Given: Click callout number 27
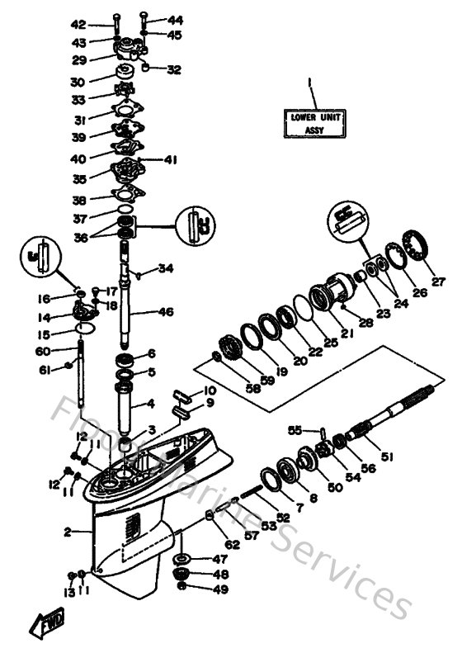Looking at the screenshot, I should point(438,282).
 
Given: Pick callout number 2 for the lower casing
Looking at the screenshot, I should point(68,532).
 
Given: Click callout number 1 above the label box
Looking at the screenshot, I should point(310,83).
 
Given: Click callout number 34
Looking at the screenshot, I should point(167,268).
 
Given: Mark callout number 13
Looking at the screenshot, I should point(69,593).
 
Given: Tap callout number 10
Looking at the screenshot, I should point(210,390).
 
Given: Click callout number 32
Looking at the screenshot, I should point(174,70).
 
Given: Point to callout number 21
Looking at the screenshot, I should point(346,334).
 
